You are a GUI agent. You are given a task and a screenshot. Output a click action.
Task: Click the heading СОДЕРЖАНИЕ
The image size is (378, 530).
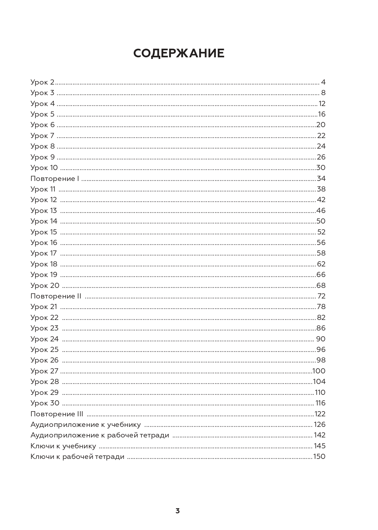(179, 53)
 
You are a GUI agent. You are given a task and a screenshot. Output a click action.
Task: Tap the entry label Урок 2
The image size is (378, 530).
(43, 82)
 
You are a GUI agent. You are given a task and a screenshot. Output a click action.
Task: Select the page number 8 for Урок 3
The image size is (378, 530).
(323, 93)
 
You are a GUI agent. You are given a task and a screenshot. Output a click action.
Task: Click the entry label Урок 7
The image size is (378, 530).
(43, 136)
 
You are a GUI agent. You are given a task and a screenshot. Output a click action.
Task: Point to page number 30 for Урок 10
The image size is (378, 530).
(321, 168)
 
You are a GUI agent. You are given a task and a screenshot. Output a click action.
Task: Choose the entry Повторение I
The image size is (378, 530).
(55, 179)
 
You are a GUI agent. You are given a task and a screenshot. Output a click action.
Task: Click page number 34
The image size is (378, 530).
(321, 179)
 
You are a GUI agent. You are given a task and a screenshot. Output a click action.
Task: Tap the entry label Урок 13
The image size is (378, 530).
(43, 211)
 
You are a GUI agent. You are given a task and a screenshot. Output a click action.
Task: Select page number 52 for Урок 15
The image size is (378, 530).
(321, 232)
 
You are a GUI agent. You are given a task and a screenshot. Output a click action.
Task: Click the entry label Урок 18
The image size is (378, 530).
(44, 264)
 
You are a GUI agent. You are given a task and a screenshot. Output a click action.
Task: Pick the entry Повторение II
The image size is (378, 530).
(56, 296)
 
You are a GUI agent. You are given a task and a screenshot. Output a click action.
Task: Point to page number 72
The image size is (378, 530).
(321, 296)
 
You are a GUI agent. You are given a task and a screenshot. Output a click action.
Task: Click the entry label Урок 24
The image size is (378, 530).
(44, 339)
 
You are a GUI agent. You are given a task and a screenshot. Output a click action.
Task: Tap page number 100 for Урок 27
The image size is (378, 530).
(319, 371)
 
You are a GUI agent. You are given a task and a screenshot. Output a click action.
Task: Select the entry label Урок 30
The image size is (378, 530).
(45, 403)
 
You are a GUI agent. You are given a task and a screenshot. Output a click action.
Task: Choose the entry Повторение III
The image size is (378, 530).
(57, 414)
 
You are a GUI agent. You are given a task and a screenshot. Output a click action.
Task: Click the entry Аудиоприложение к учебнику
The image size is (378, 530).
(86, 425)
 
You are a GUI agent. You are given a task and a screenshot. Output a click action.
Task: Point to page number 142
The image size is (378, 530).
(319, 435)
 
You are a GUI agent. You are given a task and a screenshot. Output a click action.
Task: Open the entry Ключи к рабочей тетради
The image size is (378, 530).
(77, 457)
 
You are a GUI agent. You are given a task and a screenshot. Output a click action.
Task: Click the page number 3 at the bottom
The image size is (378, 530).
(177, 511)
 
